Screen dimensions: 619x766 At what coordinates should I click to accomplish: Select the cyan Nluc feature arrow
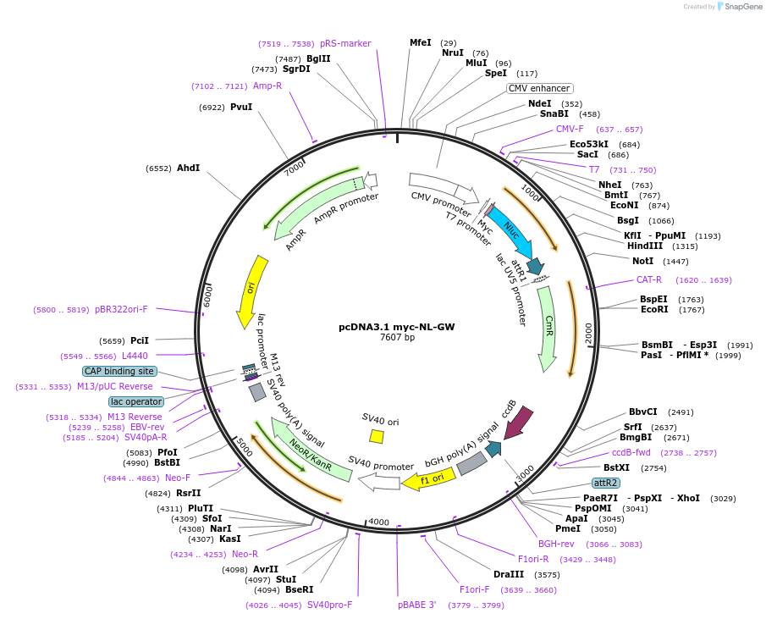coord(510,229)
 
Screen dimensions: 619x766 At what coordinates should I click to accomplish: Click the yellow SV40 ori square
coord(377,436)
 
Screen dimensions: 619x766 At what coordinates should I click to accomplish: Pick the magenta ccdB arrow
coord(518,423)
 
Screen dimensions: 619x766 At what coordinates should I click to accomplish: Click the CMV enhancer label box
coord(540,88)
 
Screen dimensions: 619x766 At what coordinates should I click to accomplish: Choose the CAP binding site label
coord(119,371)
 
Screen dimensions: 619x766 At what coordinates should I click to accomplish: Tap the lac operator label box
coord(135,401)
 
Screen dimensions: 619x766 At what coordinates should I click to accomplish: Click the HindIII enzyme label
coord(644,246)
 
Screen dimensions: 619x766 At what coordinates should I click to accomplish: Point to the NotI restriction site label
coord(643,261)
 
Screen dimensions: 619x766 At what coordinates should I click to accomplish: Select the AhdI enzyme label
coord(188,168)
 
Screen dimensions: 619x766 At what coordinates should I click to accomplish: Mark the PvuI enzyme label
coord(241,107)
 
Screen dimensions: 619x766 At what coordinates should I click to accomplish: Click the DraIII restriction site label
coord(510,574)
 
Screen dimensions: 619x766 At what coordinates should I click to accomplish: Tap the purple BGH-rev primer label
coord(556,544)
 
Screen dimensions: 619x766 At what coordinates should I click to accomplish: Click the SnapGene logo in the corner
coord(732,7)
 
